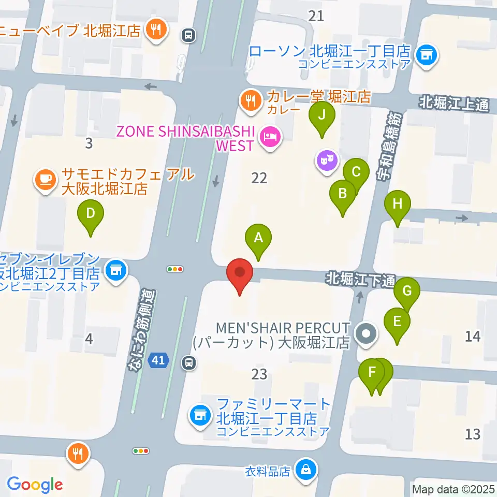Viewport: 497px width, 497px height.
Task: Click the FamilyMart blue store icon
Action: coord(199,414)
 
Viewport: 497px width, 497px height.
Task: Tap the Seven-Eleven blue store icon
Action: coord(116,269)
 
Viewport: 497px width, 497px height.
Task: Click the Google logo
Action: coord(35,485)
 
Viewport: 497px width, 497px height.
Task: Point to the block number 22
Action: coord(259,179)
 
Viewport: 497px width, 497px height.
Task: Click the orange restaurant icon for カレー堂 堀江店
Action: coord(252,100)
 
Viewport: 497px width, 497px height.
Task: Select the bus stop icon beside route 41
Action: coord(189,363)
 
